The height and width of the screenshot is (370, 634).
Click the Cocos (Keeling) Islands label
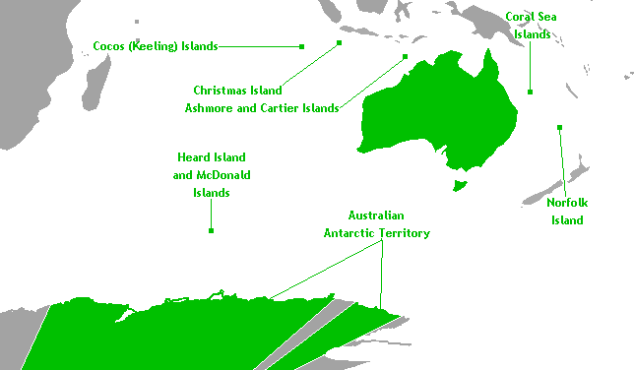pos(156,45)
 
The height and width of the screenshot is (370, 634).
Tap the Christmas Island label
pos(237,90)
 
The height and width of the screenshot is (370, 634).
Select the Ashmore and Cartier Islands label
pos(262,107)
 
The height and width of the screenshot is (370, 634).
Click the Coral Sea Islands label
pos(533,26)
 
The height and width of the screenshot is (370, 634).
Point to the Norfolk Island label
pos(567,212)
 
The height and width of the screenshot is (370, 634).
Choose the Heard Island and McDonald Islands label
pos(211,175)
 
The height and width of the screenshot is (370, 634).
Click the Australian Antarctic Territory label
pos(377,224)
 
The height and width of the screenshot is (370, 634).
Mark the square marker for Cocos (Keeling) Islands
pos(302,46)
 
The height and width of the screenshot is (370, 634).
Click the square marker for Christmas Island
pos(339,43)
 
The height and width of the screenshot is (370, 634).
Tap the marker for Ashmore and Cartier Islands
pos(405,57)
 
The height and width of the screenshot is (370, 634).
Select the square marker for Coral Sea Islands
pos(530,92)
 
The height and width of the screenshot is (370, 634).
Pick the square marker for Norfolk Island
pos(559,127)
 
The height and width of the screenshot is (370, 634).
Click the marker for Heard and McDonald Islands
pos(211,230)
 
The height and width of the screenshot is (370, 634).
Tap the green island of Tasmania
pos(457,185)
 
